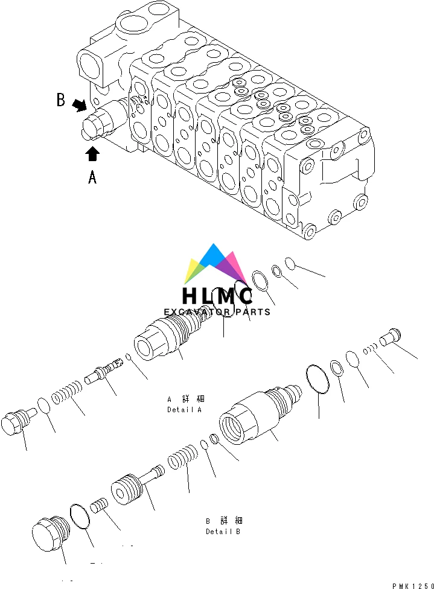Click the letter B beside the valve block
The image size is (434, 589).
(x=61, y=100)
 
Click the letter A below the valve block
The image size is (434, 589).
(x=92, y=177)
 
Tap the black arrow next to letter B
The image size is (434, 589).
(x=79, y=106)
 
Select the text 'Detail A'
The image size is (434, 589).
(x=185, y=410)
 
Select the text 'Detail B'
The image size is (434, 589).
(x=223, y=532)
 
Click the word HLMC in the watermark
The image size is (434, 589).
(x=217, y=296)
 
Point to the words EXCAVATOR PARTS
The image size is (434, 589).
(x=217, y=312)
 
